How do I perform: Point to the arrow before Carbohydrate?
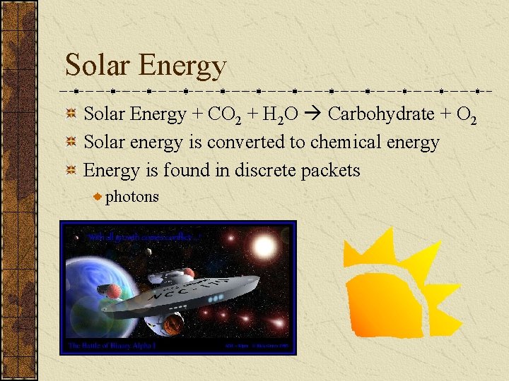coord(315,114)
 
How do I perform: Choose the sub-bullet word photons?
coord(131,197)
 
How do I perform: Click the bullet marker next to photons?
coord(98,197)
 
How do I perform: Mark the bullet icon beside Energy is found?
coord(71,170)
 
